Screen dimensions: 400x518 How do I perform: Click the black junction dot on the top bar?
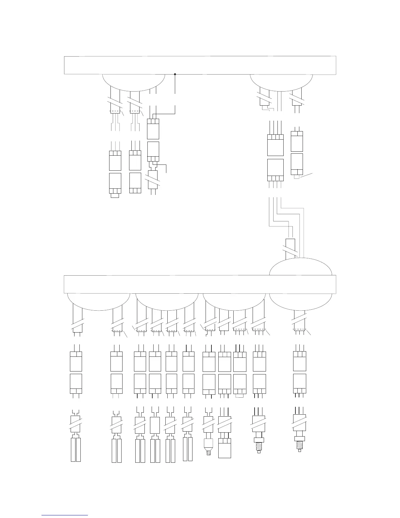click(x=175, y=74)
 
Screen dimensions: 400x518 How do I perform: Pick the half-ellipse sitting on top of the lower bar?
click(x=301, y=267)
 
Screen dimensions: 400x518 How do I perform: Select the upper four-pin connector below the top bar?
click(x=275, y=145)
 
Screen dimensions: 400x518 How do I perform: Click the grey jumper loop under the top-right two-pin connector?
click(x=297, y=177)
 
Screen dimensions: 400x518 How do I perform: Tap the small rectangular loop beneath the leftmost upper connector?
click(x=115, y=196)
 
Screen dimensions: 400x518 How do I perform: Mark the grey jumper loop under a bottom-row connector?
click(x=240, y=396)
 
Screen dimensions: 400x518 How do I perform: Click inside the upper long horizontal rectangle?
click(x=200, y=65)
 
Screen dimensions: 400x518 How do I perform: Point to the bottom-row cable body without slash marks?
click(x=155, y=425)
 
